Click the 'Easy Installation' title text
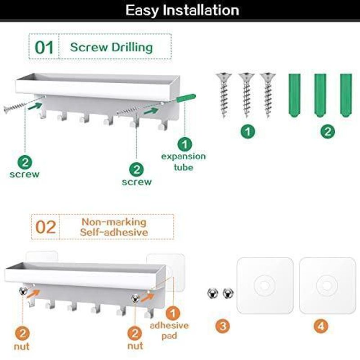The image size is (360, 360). pyautogui.click(x=182, y=10)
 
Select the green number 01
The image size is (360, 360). pyautogui.click(x=44, y=48)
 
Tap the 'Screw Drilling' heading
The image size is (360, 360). pyautogui.click(x=111, y=47)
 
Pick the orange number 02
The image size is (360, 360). pyautogui.click(x=46, y=227)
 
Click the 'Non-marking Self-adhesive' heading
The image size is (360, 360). pyautogui.click(x=114, y=227)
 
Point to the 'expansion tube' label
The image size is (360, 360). pyautogui.click(x=183, y=162)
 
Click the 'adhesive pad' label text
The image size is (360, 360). pyautogui.click(x=169, y=330)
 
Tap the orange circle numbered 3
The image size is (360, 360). pyautogui.click(x=222, y=326)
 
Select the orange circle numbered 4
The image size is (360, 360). pyautogui.click(x=321, y=326)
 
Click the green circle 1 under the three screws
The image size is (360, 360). pyautogui.click(x=248, y=131)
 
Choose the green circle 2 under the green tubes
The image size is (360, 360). pyautogui.click(x=328, y=131)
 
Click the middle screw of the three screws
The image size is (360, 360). pyautogui.click(x=246, y=95)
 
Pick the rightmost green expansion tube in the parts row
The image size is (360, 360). pyautogui.click(x=346, y=95)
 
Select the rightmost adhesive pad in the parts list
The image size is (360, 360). pyautogui.click(x=327, y=286)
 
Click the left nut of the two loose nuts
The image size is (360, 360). pyautogui.click(x=212, y=293)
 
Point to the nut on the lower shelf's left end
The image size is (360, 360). pyautogui.click(x=23, y=291)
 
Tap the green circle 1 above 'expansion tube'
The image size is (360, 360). pyautogui.click(x=184, y=144)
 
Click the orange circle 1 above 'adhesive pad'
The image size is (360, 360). pyautogui.click(x=173, y=313)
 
